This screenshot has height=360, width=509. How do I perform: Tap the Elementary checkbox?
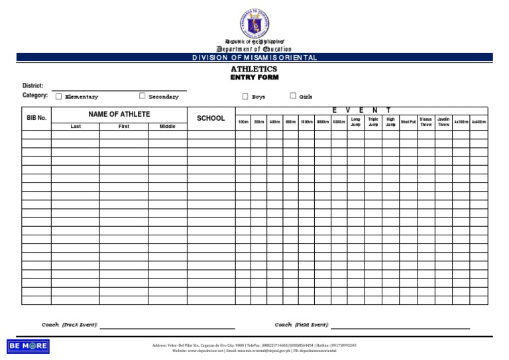pyautogui.click(x=58, y=96)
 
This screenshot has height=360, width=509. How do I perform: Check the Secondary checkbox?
pyautogui.click(x=142, y=95)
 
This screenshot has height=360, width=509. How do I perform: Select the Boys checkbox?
pyautogui.click(x=245, y=96)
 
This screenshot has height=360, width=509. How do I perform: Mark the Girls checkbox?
pyautogui.click(x=293, y=95)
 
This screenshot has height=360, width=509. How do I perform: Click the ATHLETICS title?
pyautogui.click(x=254, y=69)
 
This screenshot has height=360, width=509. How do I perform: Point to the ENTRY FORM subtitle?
pyautogui.click(x=254, y=78)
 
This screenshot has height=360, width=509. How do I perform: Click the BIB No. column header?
pyautogui.click(x=36, y=118)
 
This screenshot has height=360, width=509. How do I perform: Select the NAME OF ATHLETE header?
pyautogui.click(x=119, y=114)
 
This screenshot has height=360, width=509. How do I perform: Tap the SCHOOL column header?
pyautogui.click(x=211, y=118)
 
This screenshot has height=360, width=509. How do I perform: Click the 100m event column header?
pyautogui.click(x=243, y=123)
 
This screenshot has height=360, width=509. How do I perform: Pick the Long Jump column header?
pyautogui.click(x=356, y=122)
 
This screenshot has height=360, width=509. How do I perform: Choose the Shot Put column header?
pyautogui.click(x=408, y=123)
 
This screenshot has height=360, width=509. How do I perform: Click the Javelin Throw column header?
pyautogui.click(x=443, y=122)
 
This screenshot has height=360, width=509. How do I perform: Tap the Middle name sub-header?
pyautogui.click(x=167, y=126)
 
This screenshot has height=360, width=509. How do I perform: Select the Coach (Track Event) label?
pyautogui.click(x=70, y=325)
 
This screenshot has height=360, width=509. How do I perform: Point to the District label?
pyautogui.click(x=32, y=86)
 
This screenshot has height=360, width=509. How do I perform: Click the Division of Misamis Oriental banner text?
pyautogui.click(x=254, y=58)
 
